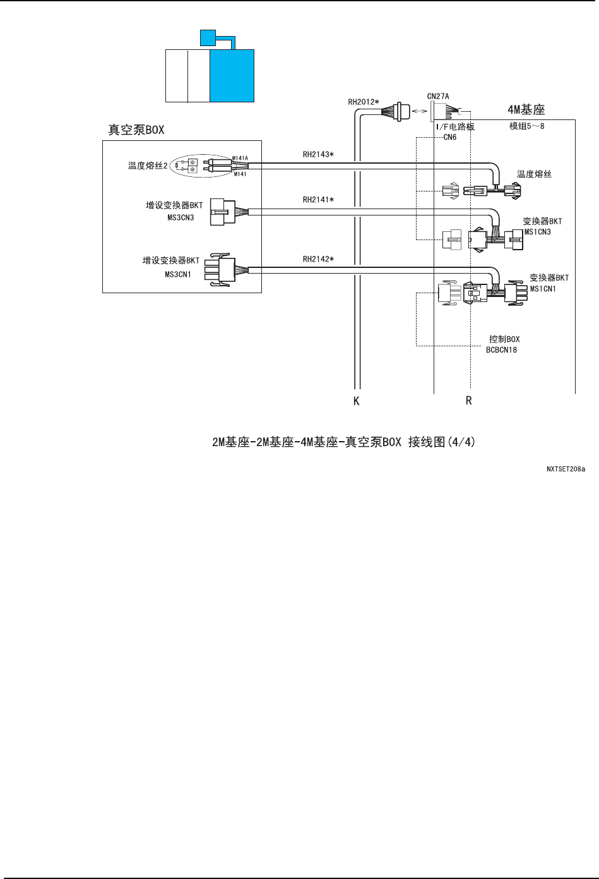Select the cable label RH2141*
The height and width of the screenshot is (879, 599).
point(318,200)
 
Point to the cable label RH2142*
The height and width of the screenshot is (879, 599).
point(318,258)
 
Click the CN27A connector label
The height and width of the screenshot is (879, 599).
point(438,96)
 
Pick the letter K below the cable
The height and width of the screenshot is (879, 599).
point(357,401)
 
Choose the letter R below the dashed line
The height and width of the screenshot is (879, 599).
point(469,401)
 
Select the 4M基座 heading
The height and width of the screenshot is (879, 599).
point(526,109)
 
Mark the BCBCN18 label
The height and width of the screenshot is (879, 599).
point(502,349)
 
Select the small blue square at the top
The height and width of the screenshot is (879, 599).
point(207,37)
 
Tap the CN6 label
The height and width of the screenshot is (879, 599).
point(449,136)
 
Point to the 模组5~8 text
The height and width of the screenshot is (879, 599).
point(523,126)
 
